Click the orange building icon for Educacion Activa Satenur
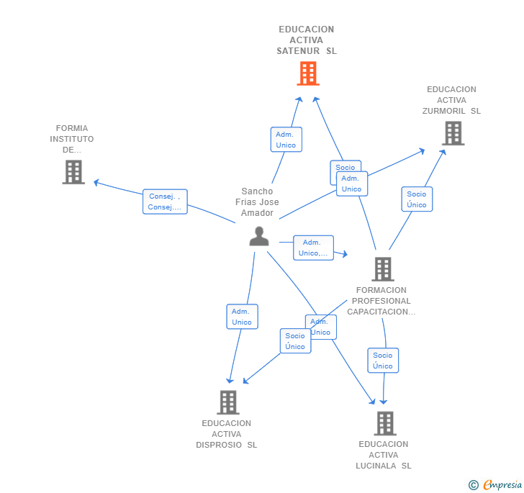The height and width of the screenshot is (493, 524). (308, 73)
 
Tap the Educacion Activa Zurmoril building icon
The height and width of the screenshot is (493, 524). (453, 133)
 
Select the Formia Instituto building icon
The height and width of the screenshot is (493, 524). (73, 172)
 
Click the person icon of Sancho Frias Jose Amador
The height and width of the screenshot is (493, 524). (259, 236)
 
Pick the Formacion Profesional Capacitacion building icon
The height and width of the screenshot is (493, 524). (382, 269)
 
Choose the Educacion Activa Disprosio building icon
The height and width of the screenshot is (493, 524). (228, 402)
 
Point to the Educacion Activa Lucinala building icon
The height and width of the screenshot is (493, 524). (385, 423)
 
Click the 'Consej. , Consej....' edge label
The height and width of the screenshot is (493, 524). (165, 202)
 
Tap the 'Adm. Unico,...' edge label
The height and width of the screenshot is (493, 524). (313, 248)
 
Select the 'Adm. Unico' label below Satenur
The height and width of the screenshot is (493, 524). (286, 140)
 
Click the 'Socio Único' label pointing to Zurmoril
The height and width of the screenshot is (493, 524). (417, 199)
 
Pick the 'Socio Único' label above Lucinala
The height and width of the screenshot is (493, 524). (383, 361)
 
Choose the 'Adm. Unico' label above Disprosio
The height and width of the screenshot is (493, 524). (242, 317)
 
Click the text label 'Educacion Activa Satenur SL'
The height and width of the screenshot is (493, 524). (307, 40)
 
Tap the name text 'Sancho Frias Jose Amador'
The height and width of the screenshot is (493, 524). (257, 202)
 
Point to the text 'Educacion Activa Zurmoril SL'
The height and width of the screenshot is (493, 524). (451, 100)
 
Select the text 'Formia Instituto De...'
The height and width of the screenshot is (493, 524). (72, 139)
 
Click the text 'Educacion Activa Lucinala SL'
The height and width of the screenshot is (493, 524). (384, 455)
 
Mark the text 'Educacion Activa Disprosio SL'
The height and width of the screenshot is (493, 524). (227, 434)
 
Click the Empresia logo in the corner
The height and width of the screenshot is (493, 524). (496, 485)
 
